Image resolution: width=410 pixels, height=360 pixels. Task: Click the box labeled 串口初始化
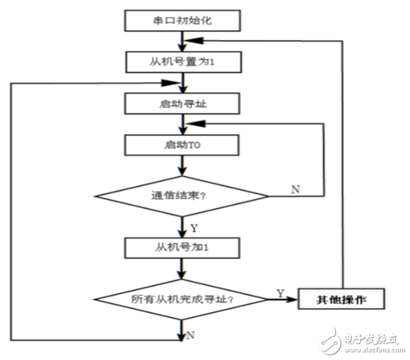coord(182,21)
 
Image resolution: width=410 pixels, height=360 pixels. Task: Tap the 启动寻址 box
coord(182,103)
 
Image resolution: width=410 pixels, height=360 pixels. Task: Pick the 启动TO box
coord(182,146)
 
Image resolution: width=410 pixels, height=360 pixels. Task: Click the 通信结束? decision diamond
coord(182,197)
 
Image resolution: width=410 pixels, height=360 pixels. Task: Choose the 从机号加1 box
coord(182,249)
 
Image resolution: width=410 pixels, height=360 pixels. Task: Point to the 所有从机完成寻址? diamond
coord(182,301)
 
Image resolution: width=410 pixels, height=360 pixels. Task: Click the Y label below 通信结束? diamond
coord(194,227)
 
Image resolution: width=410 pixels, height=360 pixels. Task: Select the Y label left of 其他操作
coord(280,292)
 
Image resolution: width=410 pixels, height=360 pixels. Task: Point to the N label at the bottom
coord(190,335)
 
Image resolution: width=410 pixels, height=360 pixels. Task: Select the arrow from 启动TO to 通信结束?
coord(182,165)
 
